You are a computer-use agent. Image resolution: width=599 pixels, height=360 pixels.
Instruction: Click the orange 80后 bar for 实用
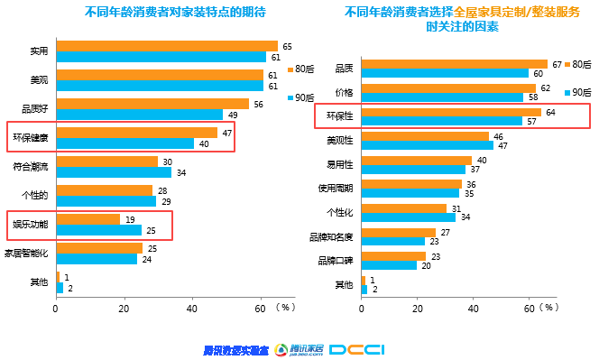(167, 46)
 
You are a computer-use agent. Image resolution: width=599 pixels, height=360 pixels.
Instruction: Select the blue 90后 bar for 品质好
(140, 115)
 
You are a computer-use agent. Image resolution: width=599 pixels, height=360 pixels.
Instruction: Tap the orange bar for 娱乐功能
(88, 219)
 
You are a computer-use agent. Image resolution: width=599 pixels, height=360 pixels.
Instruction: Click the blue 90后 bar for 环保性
(441, 121)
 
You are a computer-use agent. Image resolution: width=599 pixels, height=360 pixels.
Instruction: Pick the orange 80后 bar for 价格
(448, 88)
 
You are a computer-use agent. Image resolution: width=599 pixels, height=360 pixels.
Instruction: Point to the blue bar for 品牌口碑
(389, 265)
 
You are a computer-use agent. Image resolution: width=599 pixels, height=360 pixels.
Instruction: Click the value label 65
(287, 46)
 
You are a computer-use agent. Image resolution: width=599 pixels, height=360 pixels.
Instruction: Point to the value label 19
(131, 219)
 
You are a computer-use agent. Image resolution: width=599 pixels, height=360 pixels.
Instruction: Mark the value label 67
(557, 64)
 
